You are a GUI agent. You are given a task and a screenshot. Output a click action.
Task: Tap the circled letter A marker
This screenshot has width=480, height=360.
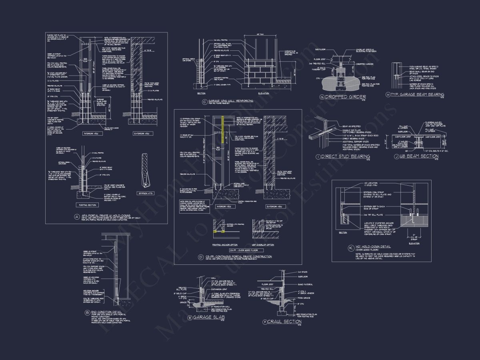click(70, 217)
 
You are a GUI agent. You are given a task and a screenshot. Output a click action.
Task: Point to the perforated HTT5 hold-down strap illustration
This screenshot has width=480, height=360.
click(145, 170)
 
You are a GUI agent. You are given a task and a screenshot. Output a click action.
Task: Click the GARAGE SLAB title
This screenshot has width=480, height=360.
click(207, 317)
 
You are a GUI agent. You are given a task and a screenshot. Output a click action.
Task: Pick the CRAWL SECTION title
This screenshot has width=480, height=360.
click(284, 322)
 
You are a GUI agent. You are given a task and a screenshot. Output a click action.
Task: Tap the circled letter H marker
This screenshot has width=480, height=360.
click(388, 94)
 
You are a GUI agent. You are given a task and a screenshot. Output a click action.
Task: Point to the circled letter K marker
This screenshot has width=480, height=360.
click(351, 247)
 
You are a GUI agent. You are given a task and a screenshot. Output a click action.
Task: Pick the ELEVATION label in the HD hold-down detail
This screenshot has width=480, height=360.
click(414, 243)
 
